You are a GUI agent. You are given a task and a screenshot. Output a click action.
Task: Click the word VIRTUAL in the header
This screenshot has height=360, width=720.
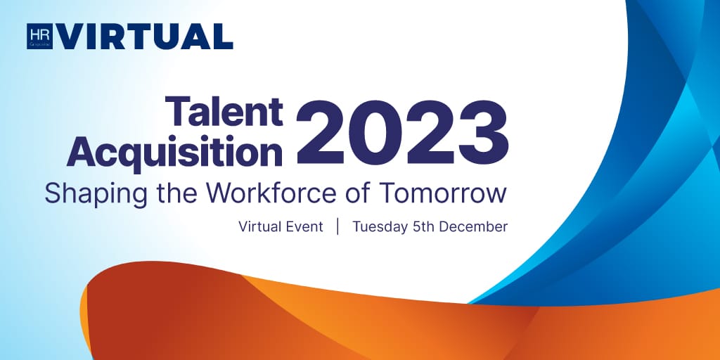[145, 37]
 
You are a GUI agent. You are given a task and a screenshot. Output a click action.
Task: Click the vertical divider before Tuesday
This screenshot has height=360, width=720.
[337, 227]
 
